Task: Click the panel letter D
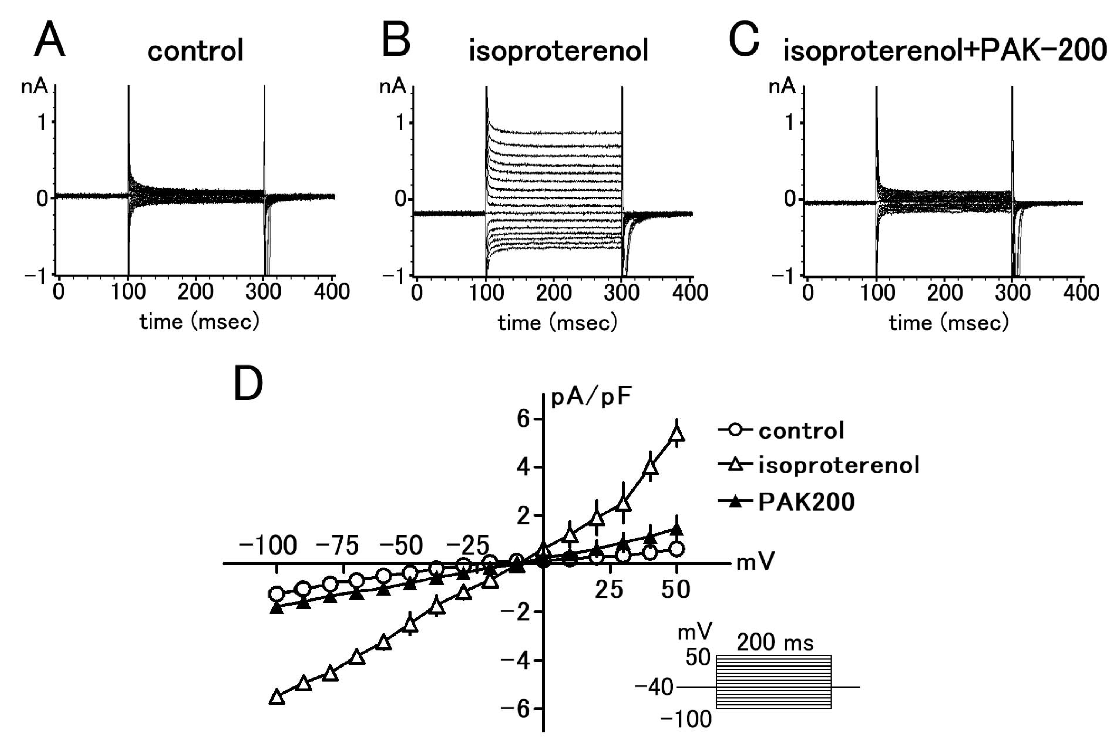click(x=249, y=384)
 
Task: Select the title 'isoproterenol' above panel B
click(x=558, y=51)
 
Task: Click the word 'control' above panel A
click(x=195, y=51)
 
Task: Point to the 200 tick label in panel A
click(x=195, y=291)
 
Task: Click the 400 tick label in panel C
click(x=1081, y=292)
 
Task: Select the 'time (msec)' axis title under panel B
click(x=557, y=323)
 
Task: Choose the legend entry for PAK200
click(x=806, y=501)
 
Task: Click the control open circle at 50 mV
click(x=677, y=549)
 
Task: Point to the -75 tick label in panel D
click(x=337, y=546)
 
